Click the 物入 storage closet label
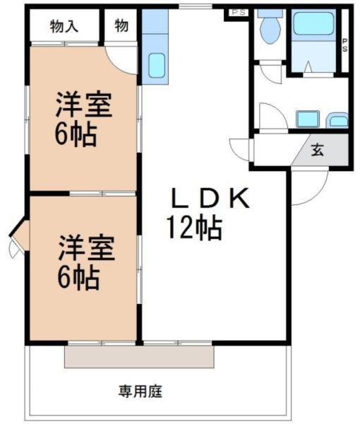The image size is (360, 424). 64,27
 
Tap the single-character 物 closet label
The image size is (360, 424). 121,27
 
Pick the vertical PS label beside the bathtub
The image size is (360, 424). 344,45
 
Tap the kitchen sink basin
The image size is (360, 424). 157,67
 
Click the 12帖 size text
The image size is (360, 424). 194,228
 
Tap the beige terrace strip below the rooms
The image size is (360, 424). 139,356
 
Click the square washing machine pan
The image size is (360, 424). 308,119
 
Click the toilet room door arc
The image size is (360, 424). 269,73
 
